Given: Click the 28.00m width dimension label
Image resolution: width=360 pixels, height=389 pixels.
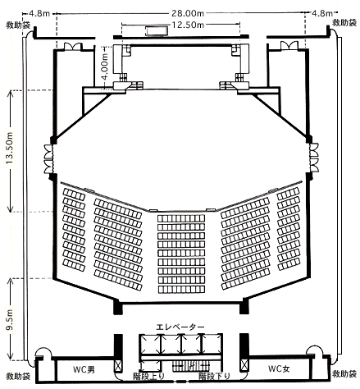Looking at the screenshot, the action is [x=188, y=13].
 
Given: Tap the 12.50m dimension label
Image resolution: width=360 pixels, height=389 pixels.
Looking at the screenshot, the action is [x=188, y=25].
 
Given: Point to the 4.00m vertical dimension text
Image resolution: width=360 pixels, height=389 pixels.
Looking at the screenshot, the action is [x=105, y=66].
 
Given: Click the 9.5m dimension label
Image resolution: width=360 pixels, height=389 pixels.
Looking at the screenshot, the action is [x=11, y=320].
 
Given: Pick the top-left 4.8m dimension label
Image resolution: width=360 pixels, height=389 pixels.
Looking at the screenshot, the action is [x=39, y=13].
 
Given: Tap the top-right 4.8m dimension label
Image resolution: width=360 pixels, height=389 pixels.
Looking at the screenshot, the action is [x=322, y=13].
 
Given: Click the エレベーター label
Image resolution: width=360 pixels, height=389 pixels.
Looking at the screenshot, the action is [x=180, y=327].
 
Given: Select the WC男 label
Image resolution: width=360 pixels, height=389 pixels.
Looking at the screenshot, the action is [x=84, y=369].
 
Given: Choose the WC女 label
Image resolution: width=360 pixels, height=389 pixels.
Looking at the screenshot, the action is [x=279, y=368].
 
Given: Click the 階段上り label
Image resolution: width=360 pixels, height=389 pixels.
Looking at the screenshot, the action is [x=148, y=377].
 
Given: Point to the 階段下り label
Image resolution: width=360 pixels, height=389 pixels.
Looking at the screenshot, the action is [x=214, y=377].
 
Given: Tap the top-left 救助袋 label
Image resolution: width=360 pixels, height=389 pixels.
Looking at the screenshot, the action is [x=18, y=25].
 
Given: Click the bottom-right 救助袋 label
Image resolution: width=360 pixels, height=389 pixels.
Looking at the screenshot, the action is [x=344, y=373].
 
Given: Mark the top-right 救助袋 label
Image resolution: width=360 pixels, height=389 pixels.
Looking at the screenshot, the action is [x=344, y=23].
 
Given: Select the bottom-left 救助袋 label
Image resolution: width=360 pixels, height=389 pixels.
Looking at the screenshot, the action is [x=18, y=376].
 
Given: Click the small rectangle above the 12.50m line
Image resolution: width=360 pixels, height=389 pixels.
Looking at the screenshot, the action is [x=157, y=30].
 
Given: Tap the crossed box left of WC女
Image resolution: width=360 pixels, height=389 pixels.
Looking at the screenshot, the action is [x=244, y=365].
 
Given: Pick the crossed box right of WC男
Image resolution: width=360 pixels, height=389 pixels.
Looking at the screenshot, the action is [x=118, y=366].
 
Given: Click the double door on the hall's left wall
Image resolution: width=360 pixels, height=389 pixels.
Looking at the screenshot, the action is [x=48, y=158].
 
